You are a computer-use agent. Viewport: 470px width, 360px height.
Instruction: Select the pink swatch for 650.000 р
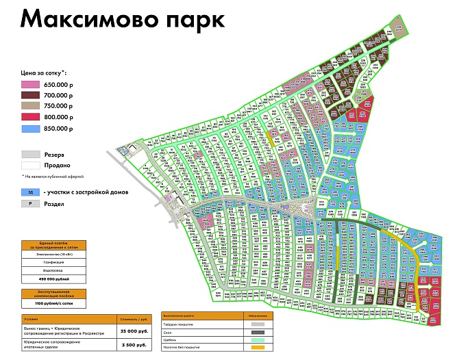[x=31, y=83]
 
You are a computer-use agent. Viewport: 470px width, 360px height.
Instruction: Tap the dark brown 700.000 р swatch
[x=31, y=94]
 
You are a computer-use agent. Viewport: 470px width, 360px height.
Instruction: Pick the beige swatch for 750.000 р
[x=31, y=106]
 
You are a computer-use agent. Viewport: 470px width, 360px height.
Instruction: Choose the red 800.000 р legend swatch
[x=31, y=117]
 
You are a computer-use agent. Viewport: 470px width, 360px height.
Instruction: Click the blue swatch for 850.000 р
[x=31, y=128]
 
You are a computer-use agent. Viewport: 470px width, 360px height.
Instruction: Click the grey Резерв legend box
[x=31, y=155]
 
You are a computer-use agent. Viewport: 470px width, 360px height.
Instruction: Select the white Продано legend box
[x=31, y=166]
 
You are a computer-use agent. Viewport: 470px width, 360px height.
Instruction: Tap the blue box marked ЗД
[x=31, y=192]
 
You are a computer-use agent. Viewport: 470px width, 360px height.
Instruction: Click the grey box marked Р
[x=31, y=203]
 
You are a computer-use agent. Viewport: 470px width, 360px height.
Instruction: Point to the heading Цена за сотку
[x=47, y=71]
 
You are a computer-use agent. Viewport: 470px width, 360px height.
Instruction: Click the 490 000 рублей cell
[x=53, y=279]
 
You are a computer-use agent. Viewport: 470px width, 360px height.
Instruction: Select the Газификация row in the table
[x=53, y=262]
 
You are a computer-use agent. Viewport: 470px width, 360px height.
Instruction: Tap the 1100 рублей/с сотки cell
[x=53, y=303]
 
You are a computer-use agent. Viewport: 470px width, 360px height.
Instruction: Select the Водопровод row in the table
[x=53, y=270]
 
